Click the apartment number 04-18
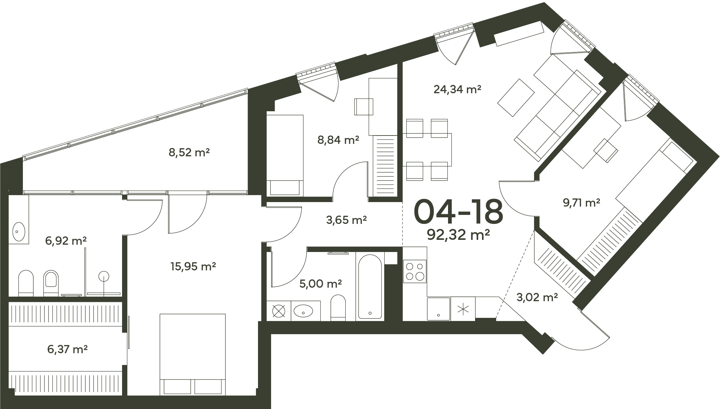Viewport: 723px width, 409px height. (458, 211)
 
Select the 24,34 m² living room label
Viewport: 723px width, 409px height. (457, 89)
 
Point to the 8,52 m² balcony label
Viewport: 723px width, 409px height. (189, 152)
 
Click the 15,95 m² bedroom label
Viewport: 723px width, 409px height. (193, 266)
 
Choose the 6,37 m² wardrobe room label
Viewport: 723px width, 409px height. (67, 349)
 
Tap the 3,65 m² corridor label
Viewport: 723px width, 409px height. (347, 220)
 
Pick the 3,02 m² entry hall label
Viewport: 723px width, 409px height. (537, 297)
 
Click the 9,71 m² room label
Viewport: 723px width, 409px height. (582, 203)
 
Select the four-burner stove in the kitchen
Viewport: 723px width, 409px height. (415, 271)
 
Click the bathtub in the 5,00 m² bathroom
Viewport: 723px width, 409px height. (370, 287)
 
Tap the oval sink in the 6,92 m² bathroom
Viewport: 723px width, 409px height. (18, 231)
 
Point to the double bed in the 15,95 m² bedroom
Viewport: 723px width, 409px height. (192, 354)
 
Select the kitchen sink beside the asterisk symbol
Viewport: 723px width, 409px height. (439, 308)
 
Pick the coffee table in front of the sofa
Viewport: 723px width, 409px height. (516, 97)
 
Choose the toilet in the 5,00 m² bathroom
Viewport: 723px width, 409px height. (338, 307)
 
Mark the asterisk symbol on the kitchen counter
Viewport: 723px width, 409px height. (463, 309)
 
